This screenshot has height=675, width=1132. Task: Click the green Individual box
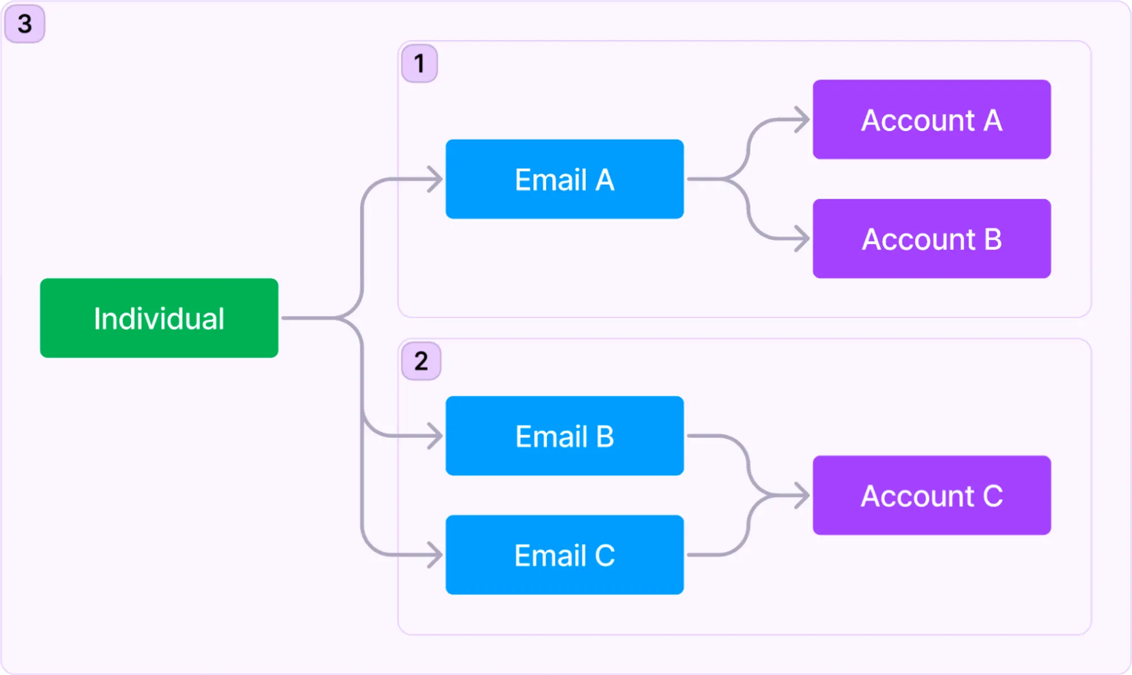click(159, 318)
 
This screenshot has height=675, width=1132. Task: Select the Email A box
click(564, 179)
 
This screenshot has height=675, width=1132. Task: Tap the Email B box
click(564, 436)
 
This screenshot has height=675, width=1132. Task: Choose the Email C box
click(564, 554)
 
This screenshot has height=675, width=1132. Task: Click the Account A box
click(932, 119)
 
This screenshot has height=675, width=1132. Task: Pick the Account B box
click(932, 238)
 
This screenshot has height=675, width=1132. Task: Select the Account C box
click(932, 495)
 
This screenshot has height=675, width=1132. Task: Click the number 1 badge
click(419, 63)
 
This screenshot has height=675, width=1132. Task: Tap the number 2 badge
click(421, 361)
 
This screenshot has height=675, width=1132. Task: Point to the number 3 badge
click(24, 24)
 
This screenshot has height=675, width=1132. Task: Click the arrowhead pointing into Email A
click(436, 179)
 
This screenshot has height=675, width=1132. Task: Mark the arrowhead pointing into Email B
click(436, 436)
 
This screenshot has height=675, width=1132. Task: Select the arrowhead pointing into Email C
click(436, 554)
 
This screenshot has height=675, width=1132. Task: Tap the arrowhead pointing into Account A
click(803, 119)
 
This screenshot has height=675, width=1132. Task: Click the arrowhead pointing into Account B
click(803, 238)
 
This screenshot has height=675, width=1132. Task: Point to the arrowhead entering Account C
click(803, 495)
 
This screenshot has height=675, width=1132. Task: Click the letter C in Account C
click(993, 496)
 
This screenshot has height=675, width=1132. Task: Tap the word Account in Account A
click(917, 121)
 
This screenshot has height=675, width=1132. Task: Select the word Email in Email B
click(551, 437)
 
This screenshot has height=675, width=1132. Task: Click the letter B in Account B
click(993, 239)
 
